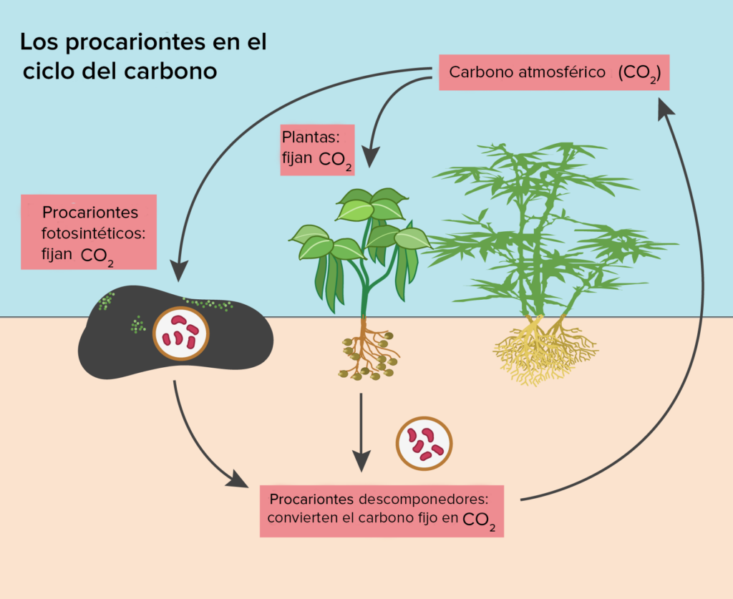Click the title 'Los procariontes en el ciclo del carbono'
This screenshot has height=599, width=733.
point(143,57)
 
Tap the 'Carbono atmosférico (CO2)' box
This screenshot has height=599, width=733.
point(553,73)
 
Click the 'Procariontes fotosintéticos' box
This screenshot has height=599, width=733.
point(89,232)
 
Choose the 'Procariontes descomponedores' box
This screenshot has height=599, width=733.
point(382,510)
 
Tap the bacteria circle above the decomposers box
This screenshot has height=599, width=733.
point(424,443)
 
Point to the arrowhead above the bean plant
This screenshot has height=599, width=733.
point(370,155)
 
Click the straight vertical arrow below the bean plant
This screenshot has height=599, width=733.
point(361,429)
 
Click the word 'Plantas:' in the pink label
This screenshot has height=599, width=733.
point(309,136)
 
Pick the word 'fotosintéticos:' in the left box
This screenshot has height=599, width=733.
point(94,233)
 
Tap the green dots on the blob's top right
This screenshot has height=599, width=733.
point(210,304)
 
